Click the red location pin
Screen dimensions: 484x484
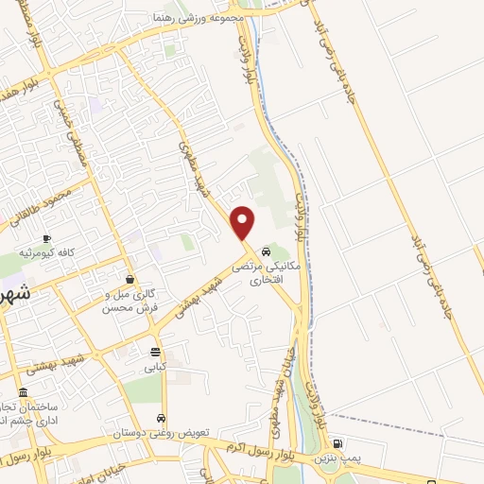point(243,222)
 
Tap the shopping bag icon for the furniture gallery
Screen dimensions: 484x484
point(130,279)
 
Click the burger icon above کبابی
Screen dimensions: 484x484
point(154,351)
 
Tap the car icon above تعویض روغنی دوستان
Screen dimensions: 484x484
point(162,418)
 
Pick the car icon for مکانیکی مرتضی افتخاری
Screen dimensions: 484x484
point(268,253)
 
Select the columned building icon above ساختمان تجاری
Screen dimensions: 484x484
point(23,393)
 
